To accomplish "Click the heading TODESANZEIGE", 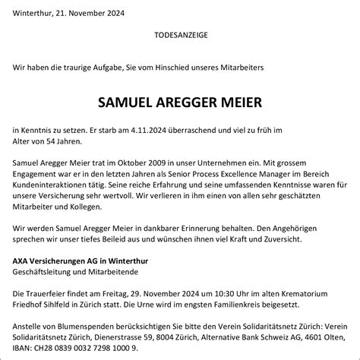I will point(179,35).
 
